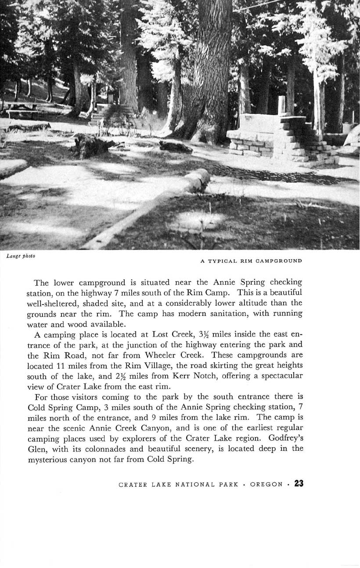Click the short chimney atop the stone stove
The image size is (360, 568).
pos(281,106)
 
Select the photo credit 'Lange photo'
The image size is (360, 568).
pos(21,256)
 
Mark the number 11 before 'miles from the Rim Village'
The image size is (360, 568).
pos(61,367)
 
